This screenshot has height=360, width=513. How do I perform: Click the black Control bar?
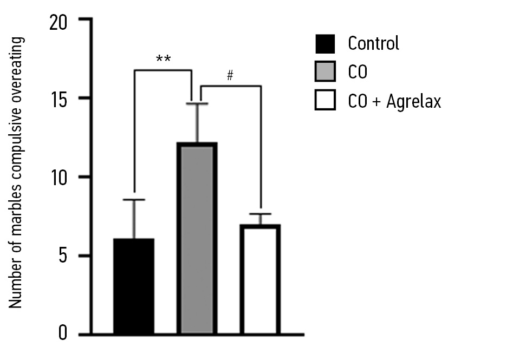(x=134, y=286)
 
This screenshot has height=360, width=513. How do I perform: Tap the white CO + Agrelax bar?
(x=261, y=279)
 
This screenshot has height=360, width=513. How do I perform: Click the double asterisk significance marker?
(x=163, y=58)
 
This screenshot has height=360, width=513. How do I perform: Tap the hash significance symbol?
(x=230, y=76)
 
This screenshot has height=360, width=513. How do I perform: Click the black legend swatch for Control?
(x=325, y=43)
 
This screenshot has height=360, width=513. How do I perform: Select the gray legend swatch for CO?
(x=325, y=72)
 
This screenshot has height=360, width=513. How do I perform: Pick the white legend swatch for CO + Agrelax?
(x=325, y=101)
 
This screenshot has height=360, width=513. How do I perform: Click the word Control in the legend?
(x=373, y=43)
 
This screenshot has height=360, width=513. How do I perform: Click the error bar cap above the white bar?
(x=261, y=214)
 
